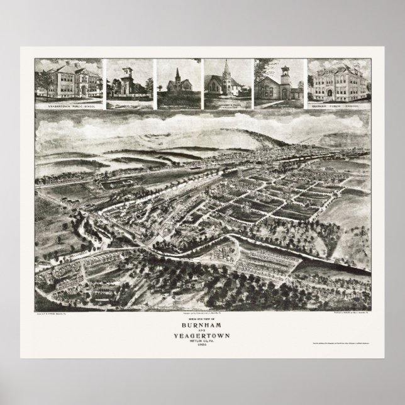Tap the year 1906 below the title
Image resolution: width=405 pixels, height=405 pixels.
point(203,348)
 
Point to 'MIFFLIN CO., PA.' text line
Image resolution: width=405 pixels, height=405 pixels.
point(203,345)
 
